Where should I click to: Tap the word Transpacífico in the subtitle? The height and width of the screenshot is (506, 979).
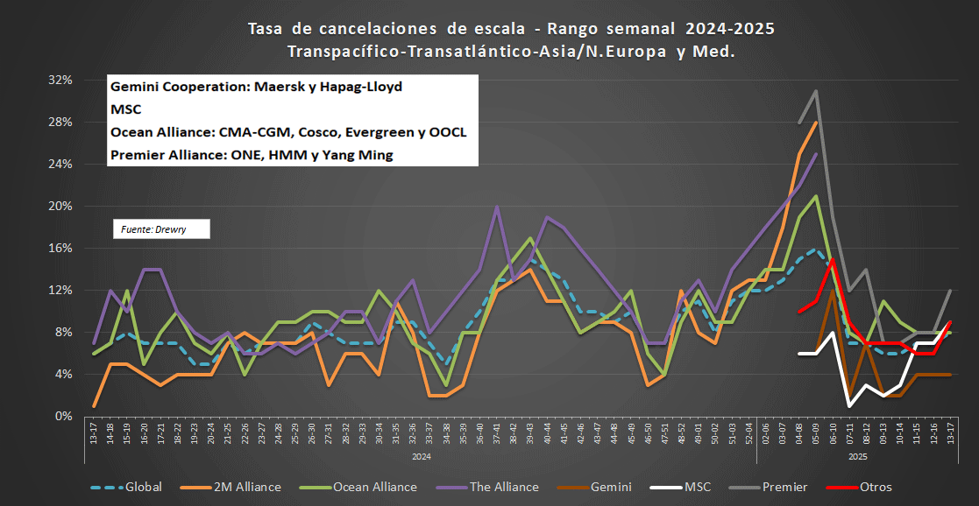tap(344, 52)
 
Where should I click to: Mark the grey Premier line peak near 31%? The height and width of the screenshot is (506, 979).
tap(816, 90)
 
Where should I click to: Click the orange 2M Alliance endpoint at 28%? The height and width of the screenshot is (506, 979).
tap(816, 122)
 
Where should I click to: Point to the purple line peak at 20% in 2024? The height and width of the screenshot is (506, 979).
tap(497, 207)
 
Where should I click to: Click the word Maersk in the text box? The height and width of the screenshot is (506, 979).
tap(275, 88)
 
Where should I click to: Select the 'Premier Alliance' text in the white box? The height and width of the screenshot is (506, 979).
tap(163, 155)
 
